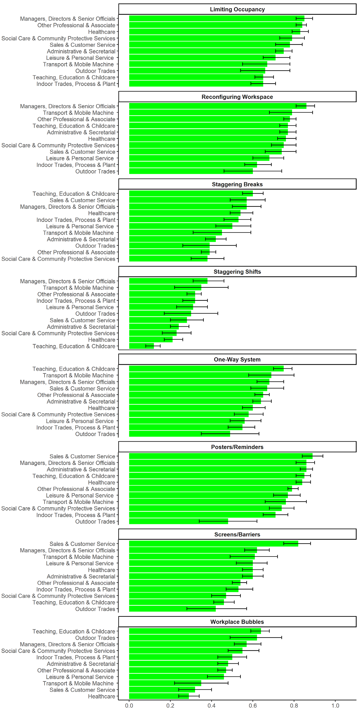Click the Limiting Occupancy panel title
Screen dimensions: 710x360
coord(237,9)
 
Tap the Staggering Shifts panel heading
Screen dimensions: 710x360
coord(237,272)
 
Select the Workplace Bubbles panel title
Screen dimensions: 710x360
coord(237,622)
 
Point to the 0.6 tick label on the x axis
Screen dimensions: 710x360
coord(253,706)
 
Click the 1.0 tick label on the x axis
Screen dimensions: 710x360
coord(335,706)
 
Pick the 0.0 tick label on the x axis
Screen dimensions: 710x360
coord(129,706)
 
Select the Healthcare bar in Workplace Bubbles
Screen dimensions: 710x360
coord(159,696)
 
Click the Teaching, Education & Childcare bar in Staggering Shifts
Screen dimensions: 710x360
coord(142,346)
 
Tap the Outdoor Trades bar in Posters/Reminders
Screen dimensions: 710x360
coord(179,522)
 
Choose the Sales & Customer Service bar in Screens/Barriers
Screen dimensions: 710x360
coord(214,544)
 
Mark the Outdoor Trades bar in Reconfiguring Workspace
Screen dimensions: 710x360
coord(191,171)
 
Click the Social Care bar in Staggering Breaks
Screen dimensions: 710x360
coord(168,259)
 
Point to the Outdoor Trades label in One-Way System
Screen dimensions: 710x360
coord(95,434)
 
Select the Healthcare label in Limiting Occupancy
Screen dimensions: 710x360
coord(101,32)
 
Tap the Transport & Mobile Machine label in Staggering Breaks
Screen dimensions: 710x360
coord(78,233)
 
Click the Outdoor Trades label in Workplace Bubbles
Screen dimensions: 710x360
coord(95,638)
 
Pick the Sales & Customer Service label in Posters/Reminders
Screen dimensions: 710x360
coord(82,456)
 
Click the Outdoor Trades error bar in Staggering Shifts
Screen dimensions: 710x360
coord(191,313)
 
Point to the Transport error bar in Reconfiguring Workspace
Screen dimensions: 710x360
coord(291,112)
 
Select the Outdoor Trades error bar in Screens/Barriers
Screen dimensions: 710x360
coord(217,609)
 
